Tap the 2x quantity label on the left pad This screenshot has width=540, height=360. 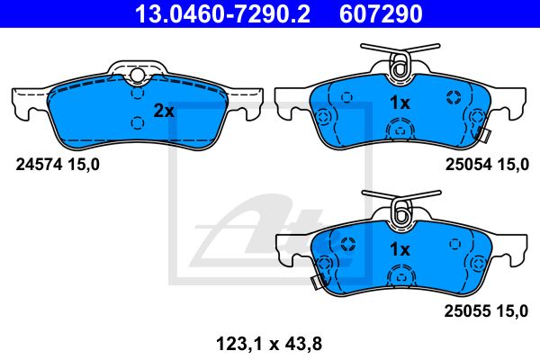[163, 112]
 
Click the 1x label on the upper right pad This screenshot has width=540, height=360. [399, 103]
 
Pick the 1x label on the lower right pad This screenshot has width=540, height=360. [399, 249]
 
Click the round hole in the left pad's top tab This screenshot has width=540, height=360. [136, 76]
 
